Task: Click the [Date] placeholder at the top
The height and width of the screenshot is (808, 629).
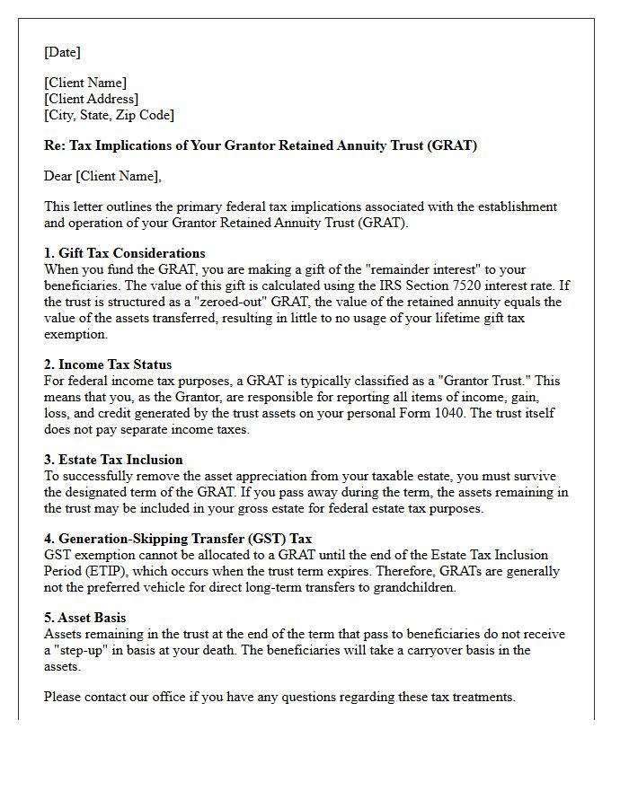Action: click(62, 52)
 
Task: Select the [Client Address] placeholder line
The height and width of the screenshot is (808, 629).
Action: click(91, 99)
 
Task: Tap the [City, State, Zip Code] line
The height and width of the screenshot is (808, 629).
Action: click(109, 115)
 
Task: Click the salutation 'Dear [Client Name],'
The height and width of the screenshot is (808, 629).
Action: click(102, 176)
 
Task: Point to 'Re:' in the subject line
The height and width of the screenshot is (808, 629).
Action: click(55, 145)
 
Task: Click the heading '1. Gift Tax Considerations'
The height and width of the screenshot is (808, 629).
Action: click(125, 253)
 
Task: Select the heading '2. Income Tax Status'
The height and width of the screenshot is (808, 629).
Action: click(108, 364)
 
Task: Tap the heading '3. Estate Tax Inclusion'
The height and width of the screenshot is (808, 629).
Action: click(113, 460)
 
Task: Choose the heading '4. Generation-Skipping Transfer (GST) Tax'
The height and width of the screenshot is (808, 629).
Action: click(178, 539)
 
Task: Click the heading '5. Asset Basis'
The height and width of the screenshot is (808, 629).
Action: click(85, 618)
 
